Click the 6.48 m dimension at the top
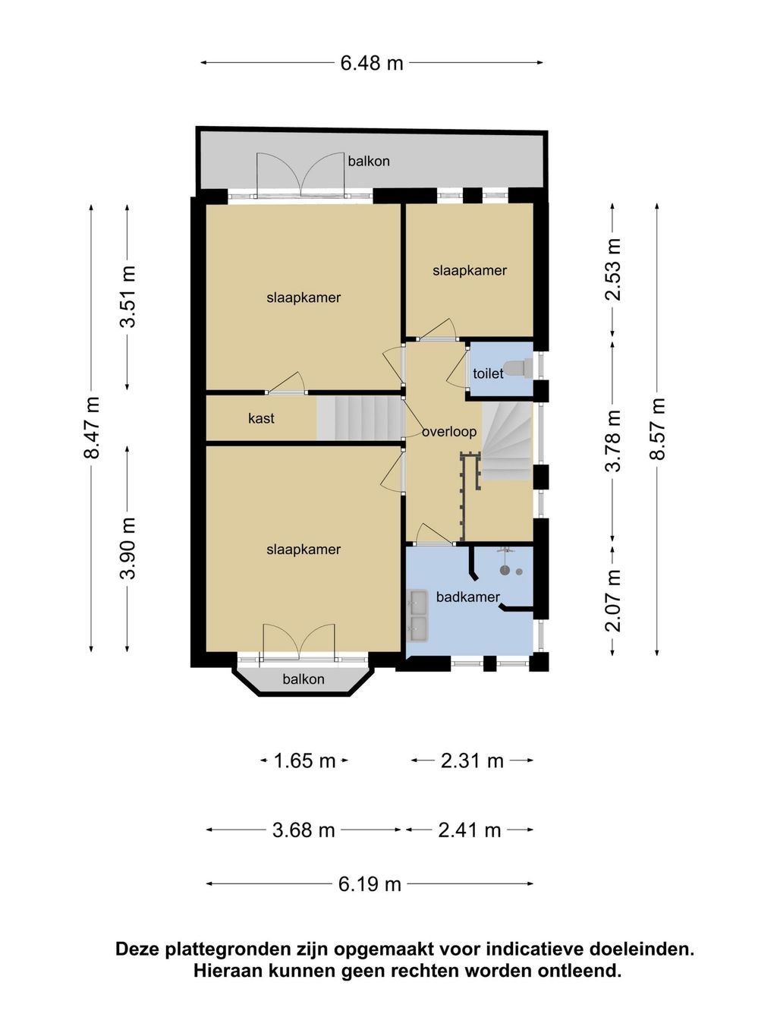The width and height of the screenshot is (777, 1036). point(372,63)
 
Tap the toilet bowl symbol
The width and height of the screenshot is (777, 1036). point(518,368)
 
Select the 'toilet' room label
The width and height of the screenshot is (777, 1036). point(488,373)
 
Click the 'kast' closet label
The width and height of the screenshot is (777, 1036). point(261,418)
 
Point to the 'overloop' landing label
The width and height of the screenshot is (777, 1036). point(448,432)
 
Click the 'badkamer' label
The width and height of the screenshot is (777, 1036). point(467,597)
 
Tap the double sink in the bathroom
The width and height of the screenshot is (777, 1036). point(417,616)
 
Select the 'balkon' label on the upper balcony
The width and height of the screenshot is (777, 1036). point(369,162)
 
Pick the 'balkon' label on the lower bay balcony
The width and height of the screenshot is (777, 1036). point(304,679)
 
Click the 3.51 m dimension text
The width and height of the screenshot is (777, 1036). point(127,297)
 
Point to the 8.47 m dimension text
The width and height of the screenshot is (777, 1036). point(91,427)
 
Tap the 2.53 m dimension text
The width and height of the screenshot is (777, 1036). point(613,269)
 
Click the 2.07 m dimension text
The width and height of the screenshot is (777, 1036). point(613,601)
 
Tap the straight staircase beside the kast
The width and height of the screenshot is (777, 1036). point(359,418)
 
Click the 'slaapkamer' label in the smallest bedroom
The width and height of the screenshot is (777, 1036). point(470,270)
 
